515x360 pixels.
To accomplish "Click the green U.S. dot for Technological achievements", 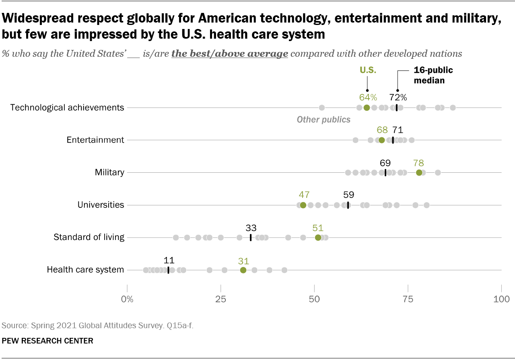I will click(x=367, y=108).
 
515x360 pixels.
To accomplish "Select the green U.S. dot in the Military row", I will click(x=419, y=172).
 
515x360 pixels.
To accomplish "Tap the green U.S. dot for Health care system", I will click(x=243, y=270).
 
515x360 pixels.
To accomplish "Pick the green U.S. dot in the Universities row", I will click(x=303, y=205).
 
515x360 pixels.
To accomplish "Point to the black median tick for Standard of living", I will click(x=251, y=238).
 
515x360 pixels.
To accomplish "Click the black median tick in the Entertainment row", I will click(x=393, y=140).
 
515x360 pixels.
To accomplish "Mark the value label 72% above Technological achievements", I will click(x=398, y=97).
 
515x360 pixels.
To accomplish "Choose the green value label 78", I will click(x=418, y=163).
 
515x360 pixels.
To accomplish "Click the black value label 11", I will click(x=169, y=260).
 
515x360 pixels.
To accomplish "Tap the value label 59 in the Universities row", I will click(x=348, y=195).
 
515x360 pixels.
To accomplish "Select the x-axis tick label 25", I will click(x=221, y=299).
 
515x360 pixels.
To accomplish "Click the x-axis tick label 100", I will click(x=501, y=299).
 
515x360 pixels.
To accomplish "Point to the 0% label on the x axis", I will click(x=127, y=299).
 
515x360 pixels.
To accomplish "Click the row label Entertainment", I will click(x=95, y=140).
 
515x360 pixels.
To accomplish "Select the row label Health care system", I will click(x=85, y=270).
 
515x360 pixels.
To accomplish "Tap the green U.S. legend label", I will click(x=368, y=70).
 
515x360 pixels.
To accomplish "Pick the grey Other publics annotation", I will click(x=323, y=120).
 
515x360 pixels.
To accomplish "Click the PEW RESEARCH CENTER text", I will click(x=47, y=341).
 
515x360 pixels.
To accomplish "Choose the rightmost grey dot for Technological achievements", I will click(x=453, y=108).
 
